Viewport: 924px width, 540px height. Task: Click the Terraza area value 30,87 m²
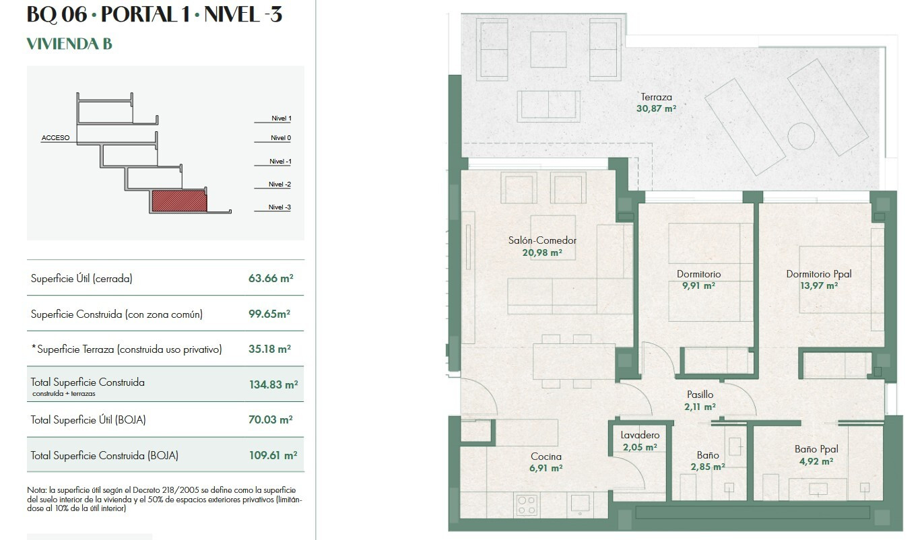coord(656,108)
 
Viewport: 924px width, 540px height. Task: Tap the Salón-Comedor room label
coord(542,240)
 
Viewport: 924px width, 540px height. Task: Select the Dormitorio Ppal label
coord(819,274)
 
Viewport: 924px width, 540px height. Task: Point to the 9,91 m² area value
coord(698,285)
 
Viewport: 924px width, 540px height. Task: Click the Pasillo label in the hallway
coord(700,395)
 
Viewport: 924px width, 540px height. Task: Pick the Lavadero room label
coord(640,435)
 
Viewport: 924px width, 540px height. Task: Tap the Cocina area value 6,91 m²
coord(546,468)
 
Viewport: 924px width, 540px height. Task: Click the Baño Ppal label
coord(816,449)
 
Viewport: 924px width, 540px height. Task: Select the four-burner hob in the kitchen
coord(527,505)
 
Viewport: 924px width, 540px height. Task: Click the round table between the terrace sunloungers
coord(801,136)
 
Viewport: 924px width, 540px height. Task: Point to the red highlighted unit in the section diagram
coord(179,201)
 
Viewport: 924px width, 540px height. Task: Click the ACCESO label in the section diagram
coord(55,138)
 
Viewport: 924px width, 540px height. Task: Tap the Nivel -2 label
coord(279,184)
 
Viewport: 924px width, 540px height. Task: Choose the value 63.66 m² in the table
coord(271,278)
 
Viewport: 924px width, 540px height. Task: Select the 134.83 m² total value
coord(273,384)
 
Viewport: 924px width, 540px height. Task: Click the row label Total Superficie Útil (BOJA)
coord(88,420)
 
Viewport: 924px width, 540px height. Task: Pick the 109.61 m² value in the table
coord(273,455)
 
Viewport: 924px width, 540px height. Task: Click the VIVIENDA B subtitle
coord(69,44)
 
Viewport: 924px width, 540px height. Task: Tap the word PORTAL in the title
coord(138,14)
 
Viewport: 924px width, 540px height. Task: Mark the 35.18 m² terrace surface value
coord(269,349)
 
